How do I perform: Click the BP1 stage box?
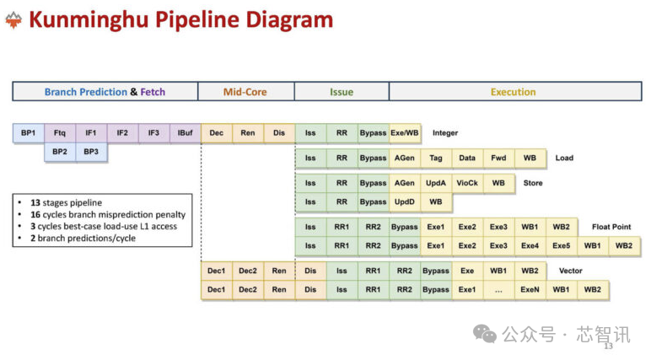click(x=28, y=133)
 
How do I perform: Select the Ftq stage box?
click(x=60, y=133)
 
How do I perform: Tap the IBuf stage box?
click(x=186, y=133)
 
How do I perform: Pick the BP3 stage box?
click(x=91, y=152)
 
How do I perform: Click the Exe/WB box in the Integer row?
click(x=405, y=133)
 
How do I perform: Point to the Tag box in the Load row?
click(x=436, y=159)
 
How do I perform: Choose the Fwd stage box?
click(x=498, y=159)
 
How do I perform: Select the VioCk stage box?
click(x=467, y=183)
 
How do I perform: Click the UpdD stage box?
click(x=405, y=201)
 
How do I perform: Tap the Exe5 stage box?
click(x=562, y=246)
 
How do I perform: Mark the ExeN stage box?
click(x=530, y=290)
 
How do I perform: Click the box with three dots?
click(x=498, y=290)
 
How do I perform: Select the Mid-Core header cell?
click(x=245, y=92)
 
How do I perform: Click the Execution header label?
click(x=514, y=92)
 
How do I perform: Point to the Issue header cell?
click(x=342, y=92)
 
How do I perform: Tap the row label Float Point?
click(x=611, y=227)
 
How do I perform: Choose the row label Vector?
click(x=570, y=271)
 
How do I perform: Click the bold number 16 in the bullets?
click(x=35, y=215)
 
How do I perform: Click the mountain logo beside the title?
click(x=13, y=20)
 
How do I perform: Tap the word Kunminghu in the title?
click(x=89, y=20)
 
